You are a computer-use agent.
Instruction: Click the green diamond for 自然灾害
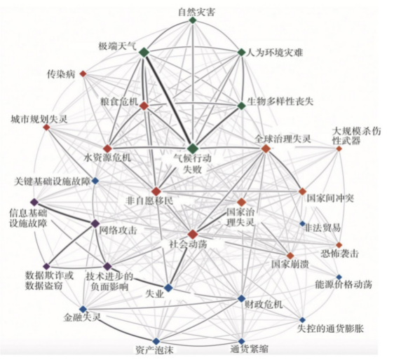pos(193,20)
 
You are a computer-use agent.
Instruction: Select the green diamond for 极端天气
pos(144,53)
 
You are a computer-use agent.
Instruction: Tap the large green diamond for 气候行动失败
pos(193,148)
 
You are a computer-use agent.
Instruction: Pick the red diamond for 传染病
pos(83,74)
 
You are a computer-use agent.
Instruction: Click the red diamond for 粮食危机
pos(144,106)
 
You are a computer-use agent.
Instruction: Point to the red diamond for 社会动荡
pos(193,234)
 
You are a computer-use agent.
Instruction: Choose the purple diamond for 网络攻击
pos(95,223)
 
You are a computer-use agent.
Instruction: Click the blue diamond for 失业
pos(168,288)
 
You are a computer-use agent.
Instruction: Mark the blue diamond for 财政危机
pos(241,298)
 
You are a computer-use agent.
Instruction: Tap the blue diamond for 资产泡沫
pos(156,341)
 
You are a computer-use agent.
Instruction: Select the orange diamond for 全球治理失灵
pos(266,148)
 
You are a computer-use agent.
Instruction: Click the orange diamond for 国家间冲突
pos(302,191)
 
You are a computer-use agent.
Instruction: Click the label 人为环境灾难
pos(274,53)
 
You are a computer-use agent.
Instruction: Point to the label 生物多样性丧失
pos(280,102)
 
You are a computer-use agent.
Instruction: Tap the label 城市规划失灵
pos(39,119)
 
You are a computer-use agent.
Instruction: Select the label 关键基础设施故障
pos(53,181)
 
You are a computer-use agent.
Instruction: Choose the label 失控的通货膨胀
pos(330,328)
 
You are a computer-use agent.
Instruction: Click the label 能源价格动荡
pos(344,284)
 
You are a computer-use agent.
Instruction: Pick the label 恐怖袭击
pos(340,254)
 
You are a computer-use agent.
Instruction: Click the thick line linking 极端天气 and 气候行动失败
pos(168,100)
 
